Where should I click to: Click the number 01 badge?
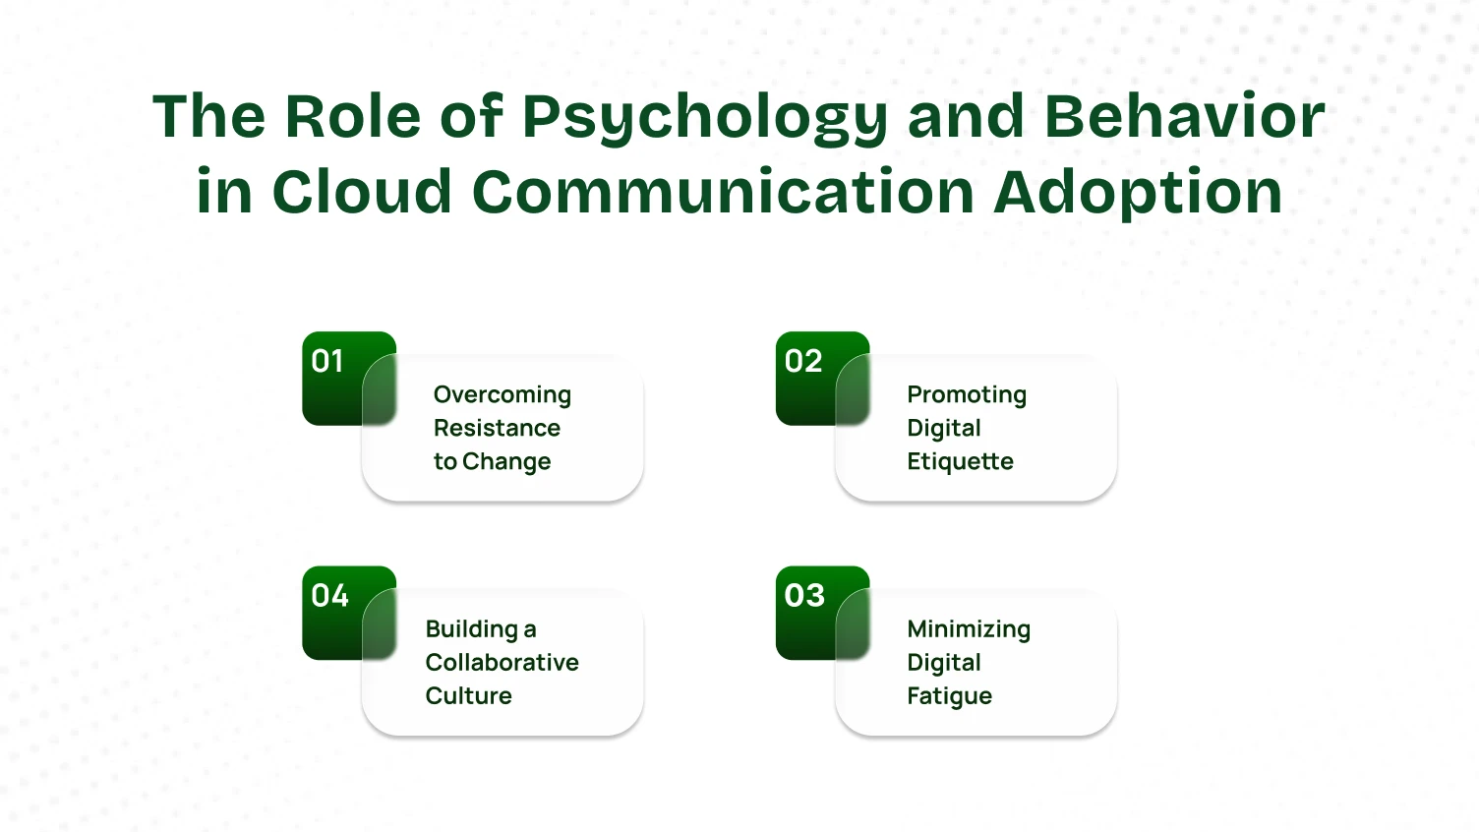[x=327, y=362]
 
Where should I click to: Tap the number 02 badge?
[x=802, y=362]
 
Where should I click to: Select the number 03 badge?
[x=803, y=596]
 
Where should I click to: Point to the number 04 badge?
[x=329, y=596]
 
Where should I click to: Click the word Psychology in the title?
[x=704, y=118]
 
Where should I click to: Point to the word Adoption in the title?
[x=1138, y=193]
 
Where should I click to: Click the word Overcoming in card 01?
[x=502, y=395]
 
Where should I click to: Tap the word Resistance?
[x=497, y=428]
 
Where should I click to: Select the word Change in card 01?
[x=506, y=462]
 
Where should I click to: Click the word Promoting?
[x=966, y=395]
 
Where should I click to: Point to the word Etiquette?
[x=960, y=461]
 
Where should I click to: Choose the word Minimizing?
[x=969, y=629]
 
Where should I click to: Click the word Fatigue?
[x=949, y=696]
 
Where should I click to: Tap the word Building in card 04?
[x=471, y=629]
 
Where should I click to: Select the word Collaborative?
[x=502, y=662]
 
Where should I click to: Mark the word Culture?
[x=468, y=695]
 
